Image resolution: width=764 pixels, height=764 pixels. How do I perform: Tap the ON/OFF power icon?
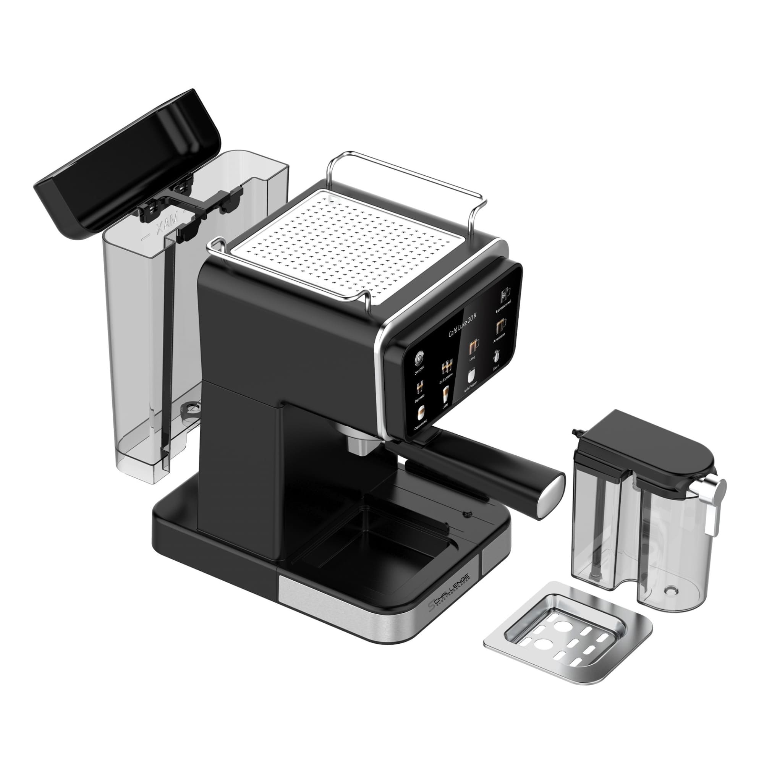tap(419, 358)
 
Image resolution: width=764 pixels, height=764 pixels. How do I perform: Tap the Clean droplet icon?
tap(496, 356)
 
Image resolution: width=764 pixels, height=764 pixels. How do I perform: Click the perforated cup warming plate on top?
tap(350, 245)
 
